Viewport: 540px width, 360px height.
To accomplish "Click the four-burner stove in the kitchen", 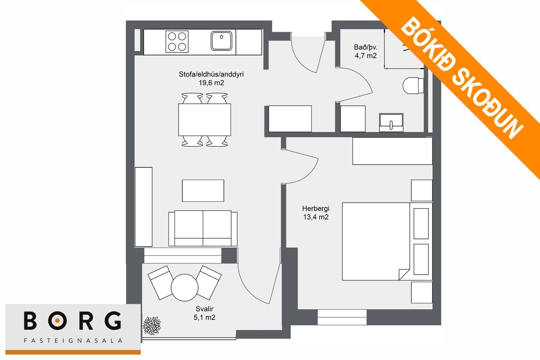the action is coord(177,42).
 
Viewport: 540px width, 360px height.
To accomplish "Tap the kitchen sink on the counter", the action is coord(221,41).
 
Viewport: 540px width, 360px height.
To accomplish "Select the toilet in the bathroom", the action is coord(413,85).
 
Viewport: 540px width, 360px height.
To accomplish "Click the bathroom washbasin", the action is coord(391,123).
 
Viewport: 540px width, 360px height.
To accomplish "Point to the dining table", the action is coord(204,120).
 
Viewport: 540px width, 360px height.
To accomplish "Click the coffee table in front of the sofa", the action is coord(203,191).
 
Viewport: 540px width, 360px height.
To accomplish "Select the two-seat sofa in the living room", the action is coord(203,228).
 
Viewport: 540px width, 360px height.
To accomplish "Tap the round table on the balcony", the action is coord(185,287).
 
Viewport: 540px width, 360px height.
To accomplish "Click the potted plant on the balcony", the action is coord(152,326).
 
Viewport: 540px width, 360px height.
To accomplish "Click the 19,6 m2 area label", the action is coord(211,83).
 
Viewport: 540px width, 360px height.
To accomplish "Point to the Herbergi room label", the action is coord(316,209).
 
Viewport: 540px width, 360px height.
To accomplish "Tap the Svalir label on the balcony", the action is coord(204,309).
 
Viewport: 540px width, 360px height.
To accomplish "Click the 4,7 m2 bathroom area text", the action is coord(366,56).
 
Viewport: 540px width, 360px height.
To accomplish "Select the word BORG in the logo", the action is coord(73,321).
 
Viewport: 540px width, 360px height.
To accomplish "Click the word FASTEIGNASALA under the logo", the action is coord(73,341).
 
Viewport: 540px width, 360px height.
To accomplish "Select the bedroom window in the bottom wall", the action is coord(342,317).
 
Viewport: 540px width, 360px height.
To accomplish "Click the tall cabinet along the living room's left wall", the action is coord(144,207).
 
